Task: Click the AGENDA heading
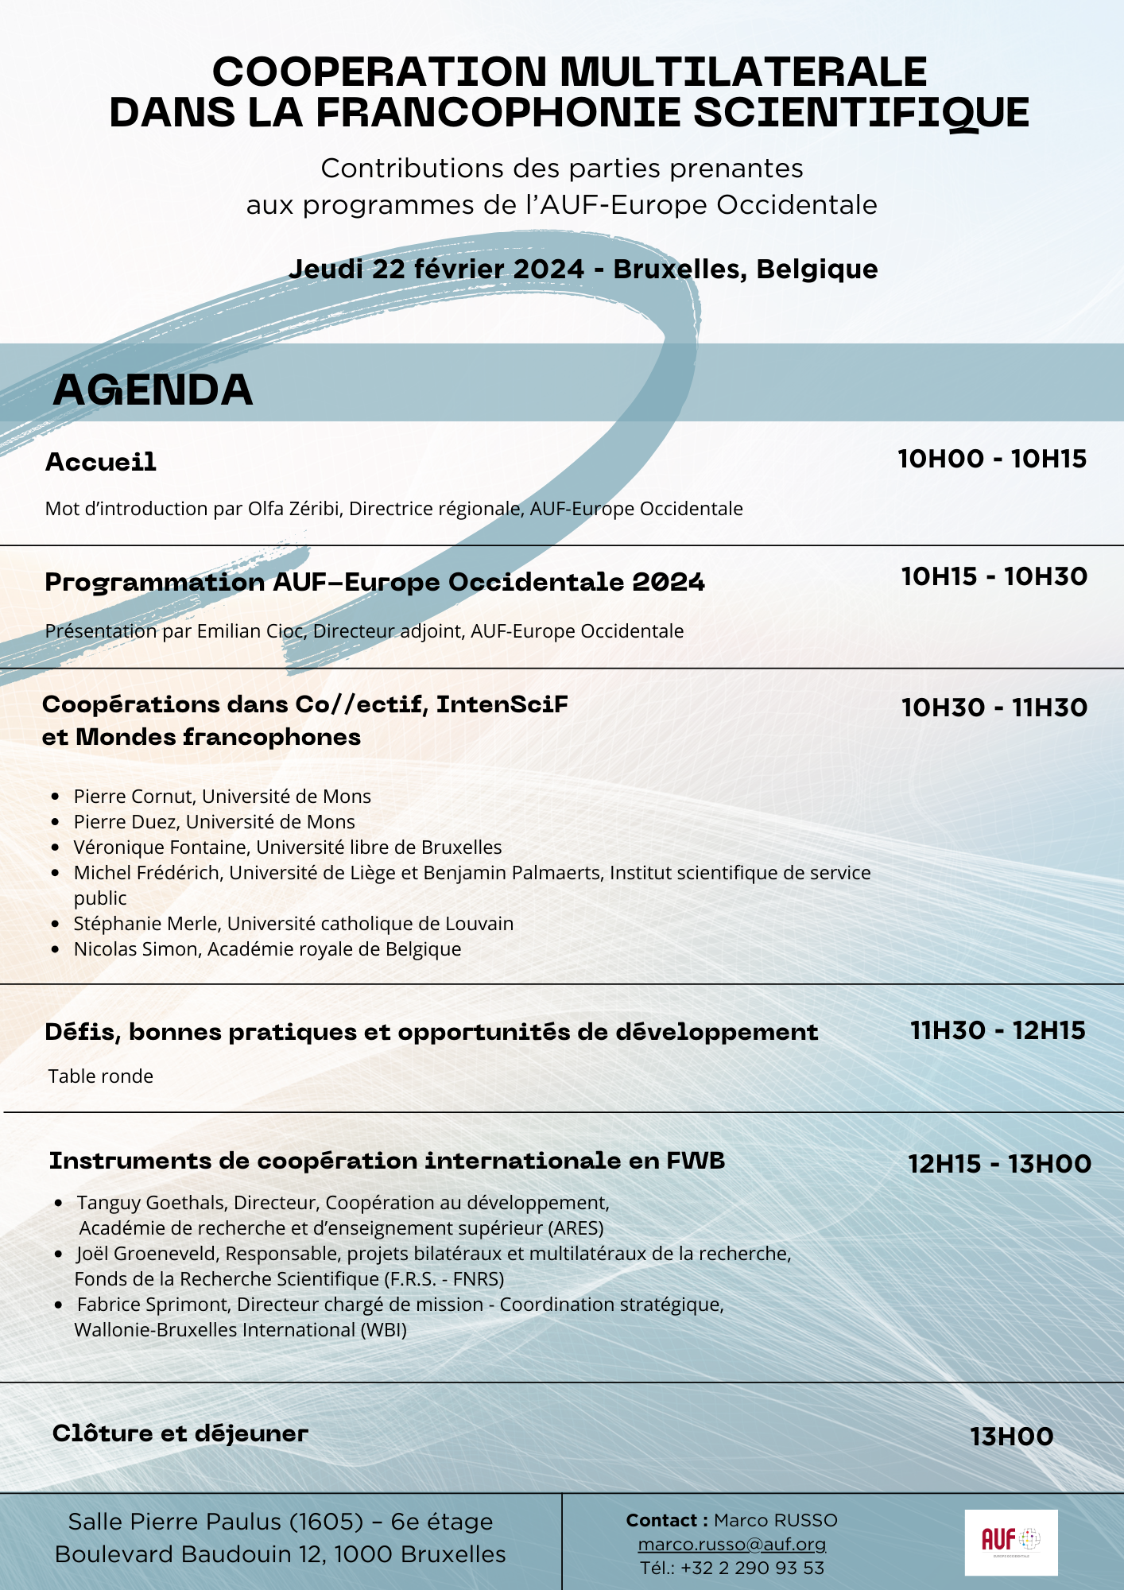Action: [x=153, y=390]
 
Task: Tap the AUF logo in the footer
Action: [x=1010, y=1542]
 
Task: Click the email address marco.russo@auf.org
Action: [x=731, y=1544]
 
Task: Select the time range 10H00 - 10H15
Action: [x=991, y=459]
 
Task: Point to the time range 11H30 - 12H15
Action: [x=998, y=1030]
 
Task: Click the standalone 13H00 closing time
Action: [x=1011, y=1437]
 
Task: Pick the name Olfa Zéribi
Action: [x=295, y=509]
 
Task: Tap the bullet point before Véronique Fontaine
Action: [x=55, y=847]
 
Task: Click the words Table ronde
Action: [x=101, y=1076]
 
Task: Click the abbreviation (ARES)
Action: [x=576, y=1228]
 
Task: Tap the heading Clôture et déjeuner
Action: [x=180, y=1433]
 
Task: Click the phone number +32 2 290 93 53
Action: [x=752, y=1568]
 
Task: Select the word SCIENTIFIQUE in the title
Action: [x=861, y=112]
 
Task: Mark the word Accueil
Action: [x=101, y=462]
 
